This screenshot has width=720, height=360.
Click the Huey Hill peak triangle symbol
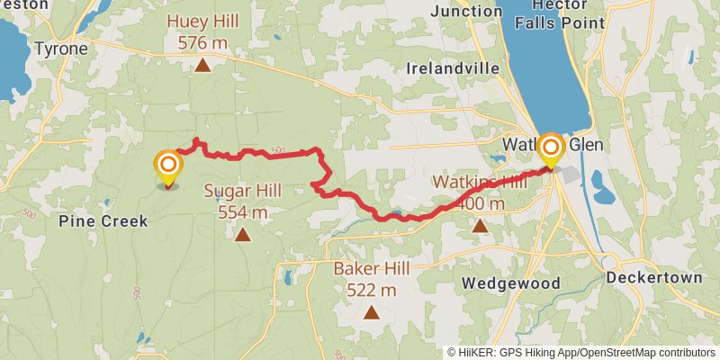click(204, 65)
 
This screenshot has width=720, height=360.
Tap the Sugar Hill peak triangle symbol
click(242, 235)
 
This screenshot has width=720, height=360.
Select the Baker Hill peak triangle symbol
click(371, 312)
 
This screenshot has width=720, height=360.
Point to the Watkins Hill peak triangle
click(481, 227)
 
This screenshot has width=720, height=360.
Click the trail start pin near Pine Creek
click(167, 167)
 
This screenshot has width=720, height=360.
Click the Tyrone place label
click(61, 49)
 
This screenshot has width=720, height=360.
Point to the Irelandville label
click(453, 68)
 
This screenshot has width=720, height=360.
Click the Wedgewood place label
click(510, 283)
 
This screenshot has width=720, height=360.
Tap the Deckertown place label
click(653, 278)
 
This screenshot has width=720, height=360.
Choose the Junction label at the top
click(466, 12)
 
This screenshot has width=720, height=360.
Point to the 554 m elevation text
click(242, 212)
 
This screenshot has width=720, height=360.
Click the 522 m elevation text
click(371, 290)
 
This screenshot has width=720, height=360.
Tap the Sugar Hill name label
click(242, 191)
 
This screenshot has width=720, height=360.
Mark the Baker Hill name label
click(371, 268)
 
